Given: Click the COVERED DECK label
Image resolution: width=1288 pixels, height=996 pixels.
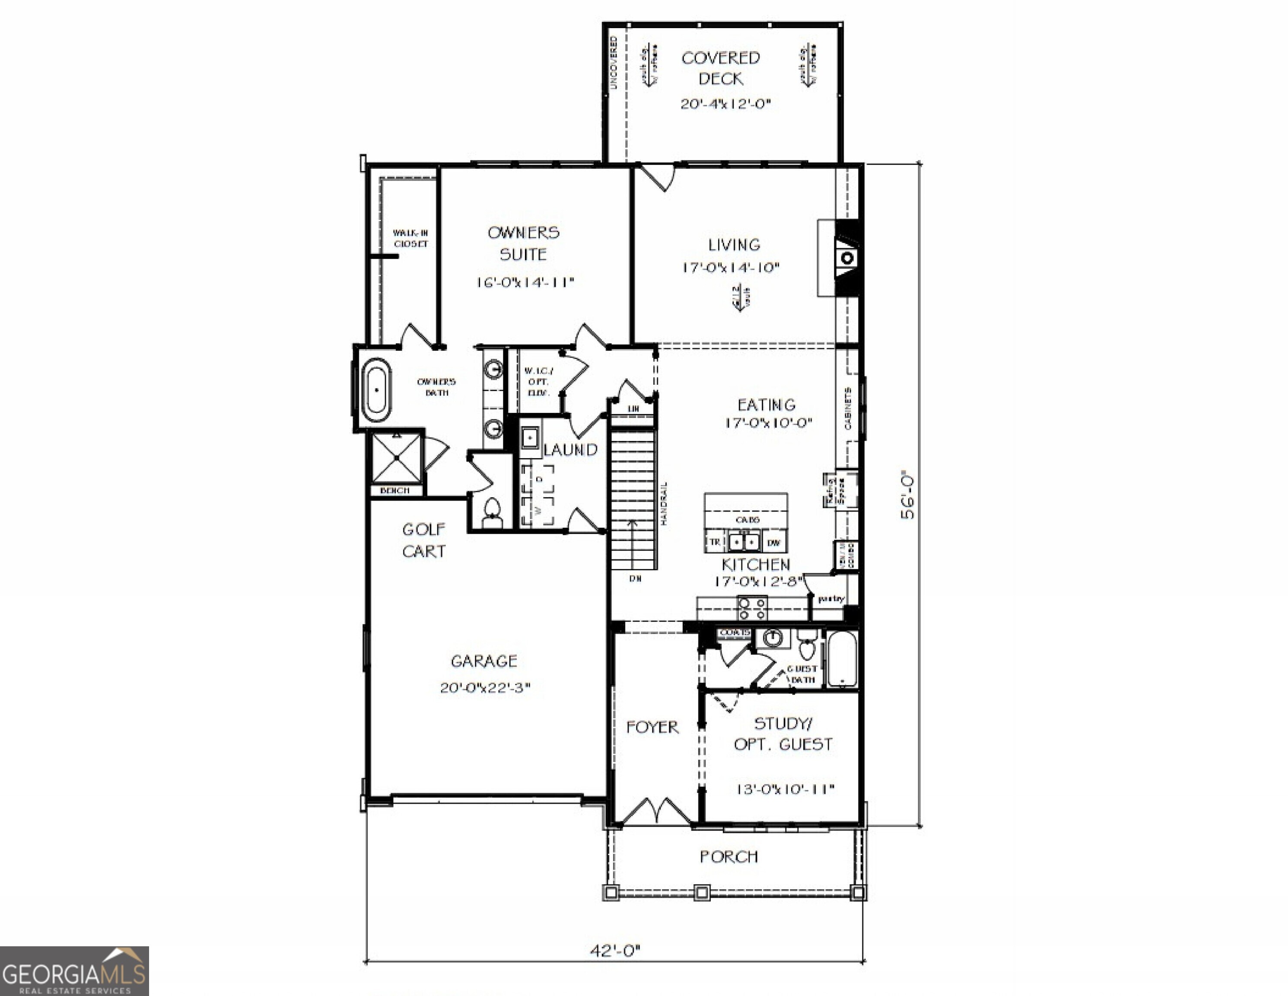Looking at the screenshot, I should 720,68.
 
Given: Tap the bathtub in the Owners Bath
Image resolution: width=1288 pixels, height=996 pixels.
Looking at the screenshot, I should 376,390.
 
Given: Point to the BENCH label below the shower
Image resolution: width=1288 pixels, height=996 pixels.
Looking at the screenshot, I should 394,490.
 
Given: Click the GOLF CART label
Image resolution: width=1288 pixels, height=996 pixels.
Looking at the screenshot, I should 423,540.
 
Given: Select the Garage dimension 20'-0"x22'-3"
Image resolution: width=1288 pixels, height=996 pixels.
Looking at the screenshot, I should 485,687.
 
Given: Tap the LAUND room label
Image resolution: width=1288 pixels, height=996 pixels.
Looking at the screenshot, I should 570,450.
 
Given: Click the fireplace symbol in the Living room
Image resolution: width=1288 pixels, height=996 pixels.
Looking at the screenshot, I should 847,258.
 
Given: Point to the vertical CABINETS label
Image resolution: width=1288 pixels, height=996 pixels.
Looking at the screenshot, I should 847,409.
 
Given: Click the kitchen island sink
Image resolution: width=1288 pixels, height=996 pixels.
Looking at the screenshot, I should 744,541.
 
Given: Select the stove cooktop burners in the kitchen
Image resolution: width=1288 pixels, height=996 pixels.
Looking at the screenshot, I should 753,608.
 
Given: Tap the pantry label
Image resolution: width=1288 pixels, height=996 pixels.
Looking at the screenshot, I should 831,598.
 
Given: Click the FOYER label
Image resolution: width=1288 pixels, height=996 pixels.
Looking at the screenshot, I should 652,727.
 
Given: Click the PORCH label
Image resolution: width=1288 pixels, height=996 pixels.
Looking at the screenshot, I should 728,856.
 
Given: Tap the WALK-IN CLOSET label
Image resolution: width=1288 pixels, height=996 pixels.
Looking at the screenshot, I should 410,238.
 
